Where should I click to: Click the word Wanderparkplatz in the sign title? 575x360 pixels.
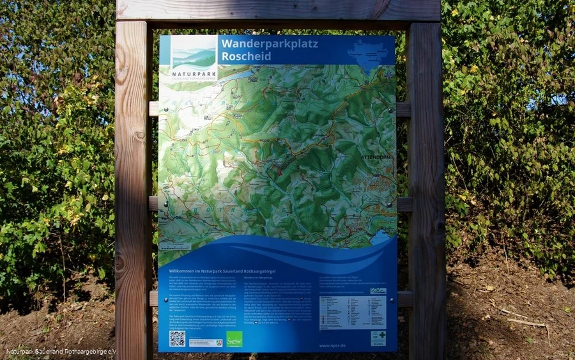coord(268,43)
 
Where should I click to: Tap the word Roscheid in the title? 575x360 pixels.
coord(246,56)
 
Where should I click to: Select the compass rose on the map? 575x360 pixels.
coord(388,75)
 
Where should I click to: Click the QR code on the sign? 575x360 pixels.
coord(177,338)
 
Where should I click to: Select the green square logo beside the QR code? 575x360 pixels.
coord(234,338)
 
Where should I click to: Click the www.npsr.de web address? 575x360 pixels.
coord(333,346)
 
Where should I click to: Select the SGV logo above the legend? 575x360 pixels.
coord(378,291)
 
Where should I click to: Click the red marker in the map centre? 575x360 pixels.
coord(279,168)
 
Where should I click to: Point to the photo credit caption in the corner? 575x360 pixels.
coord(62,352)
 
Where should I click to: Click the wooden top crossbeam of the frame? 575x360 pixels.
coord(278,10)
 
